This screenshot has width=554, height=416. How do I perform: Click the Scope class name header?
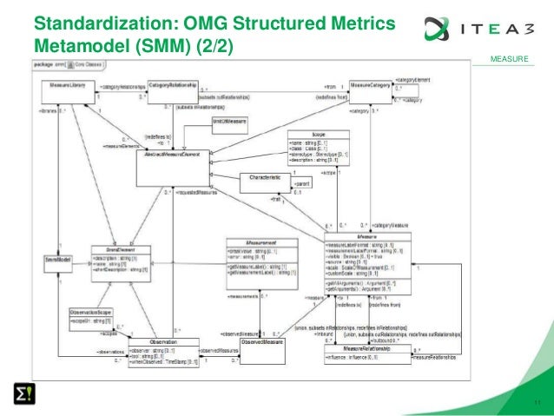[x=312, y=135]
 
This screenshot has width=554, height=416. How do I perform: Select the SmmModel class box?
[x=57, y=260]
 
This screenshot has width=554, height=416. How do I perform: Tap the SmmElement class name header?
[x=109, y=249]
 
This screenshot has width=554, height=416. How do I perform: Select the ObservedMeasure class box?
[x=262, y=343]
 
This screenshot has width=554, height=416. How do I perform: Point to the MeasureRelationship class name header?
[x=365, y=348]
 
